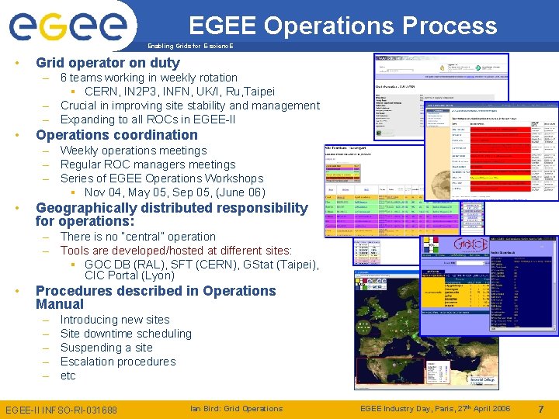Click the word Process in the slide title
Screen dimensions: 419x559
pyautogui.click(x=449, y=26)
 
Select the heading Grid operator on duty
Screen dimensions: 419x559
pyautogui.click(x=108, y=63)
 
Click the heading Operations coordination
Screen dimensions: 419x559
pyautogui.click(x=116, y=135)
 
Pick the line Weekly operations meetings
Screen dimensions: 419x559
pyautogui.click(x=134, y=151)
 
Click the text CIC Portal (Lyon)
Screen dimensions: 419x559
pyautogui.click(x=130, y=276)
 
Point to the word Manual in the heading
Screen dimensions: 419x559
pyautogui.click(x=60, y=305)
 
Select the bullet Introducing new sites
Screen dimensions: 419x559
pyautogui.click(x=114, y=320)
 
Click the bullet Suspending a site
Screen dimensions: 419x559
pyautogui.click(x=106, y=348)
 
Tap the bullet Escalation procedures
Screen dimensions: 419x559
pyautogui.click(x=118, y=362)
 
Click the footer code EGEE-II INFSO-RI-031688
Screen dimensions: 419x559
pyautogui.click(x=61, y=410)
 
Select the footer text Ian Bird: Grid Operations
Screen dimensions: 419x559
pyautogui.click(x=236, y=409)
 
